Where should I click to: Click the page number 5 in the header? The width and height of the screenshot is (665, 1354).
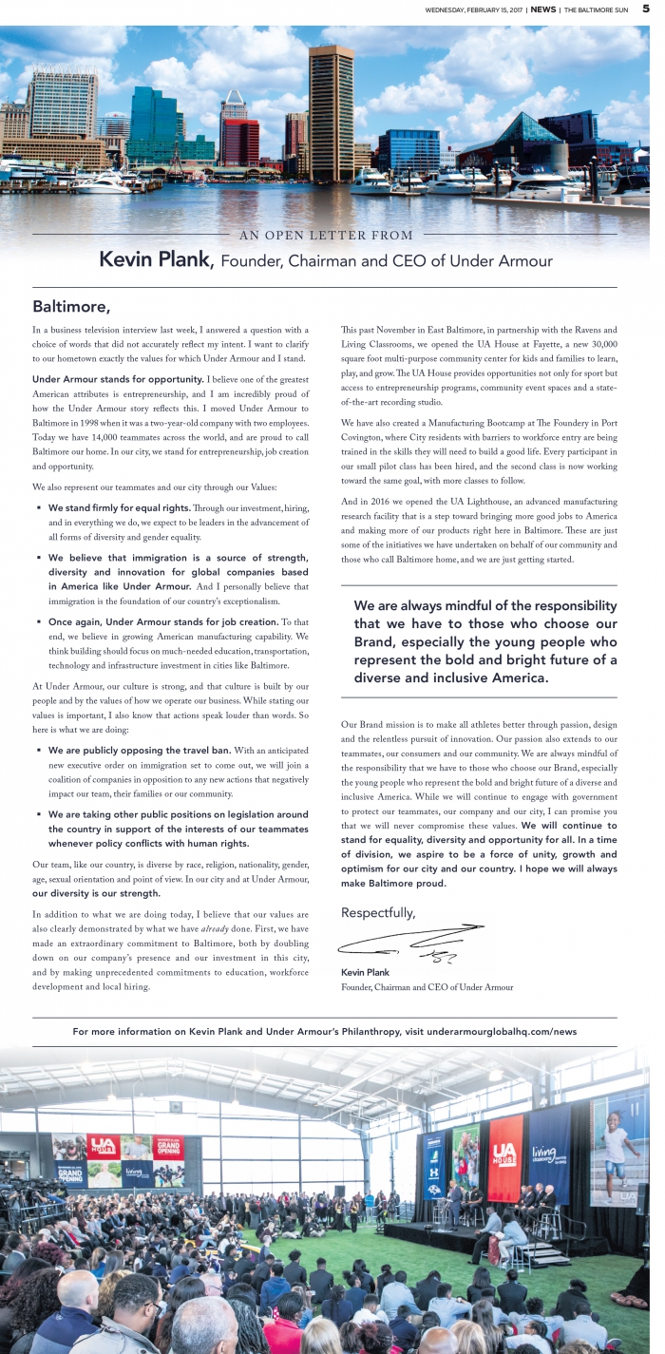645,9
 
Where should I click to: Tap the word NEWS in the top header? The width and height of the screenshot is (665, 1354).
543,10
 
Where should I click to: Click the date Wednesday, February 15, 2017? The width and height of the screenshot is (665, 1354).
475,10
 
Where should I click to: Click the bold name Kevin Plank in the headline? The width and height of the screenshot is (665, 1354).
157,259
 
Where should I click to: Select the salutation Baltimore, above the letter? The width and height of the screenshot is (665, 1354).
71,306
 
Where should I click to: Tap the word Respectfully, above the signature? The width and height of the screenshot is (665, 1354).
378,912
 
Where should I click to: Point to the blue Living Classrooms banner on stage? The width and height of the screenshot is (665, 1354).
549,1152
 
